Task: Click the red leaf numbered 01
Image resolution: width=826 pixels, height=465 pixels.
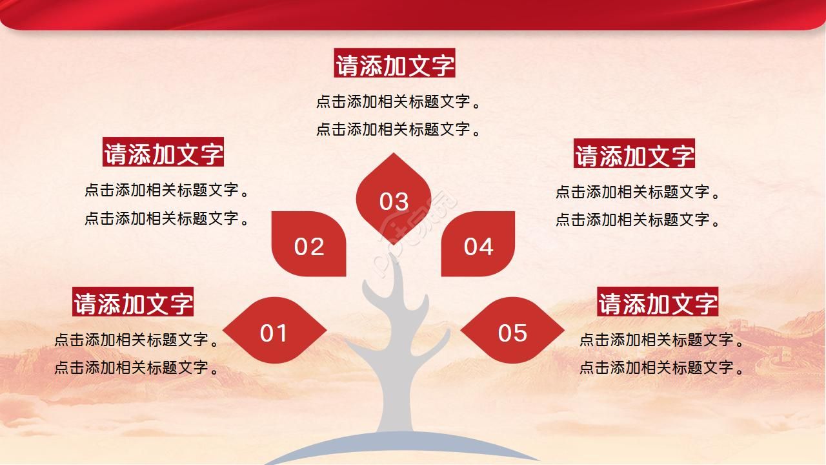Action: [x=274, y=331]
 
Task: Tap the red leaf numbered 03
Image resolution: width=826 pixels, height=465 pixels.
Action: [x=394, y=198]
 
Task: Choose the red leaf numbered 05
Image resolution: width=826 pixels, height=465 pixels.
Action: [x=512, y=331]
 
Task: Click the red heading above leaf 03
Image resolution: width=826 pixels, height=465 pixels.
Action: [x=395, y=64]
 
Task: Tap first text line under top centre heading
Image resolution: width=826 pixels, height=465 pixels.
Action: [x=398, y=101]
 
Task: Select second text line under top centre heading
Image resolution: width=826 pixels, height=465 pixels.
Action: [x=398, y=129]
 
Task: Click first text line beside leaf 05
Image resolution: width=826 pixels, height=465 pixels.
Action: [x=661, y=340]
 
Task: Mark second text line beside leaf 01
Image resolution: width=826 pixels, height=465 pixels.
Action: [x=137, y=367]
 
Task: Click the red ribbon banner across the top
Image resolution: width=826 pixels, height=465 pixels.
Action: [x=413, y=13]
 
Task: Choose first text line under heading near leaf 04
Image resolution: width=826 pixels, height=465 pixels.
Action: [x=638, y=192]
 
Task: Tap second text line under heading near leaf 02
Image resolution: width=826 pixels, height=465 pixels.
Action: [x=166, y=218]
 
